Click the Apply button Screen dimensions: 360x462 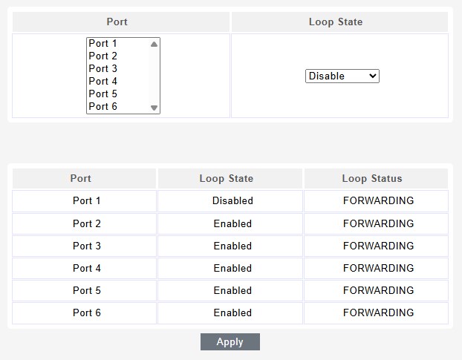(x=230, y=341)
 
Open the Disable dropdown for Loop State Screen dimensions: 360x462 (x=342, y=76)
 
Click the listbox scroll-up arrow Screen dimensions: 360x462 (x=154, y=44)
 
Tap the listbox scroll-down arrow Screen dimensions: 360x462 (x=154, y=108)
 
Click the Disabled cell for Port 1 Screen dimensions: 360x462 (x=232, y=200)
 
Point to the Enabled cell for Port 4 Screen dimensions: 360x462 (x=232, y=268)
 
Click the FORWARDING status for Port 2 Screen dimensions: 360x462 (x=378, y=223)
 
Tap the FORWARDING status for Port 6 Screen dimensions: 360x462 (x=378, y=312)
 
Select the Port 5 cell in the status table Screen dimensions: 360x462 (x=87, y=290)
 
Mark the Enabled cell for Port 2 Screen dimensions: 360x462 (x=232, y=223)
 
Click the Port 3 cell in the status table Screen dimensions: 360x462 (x=87, y=246)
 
